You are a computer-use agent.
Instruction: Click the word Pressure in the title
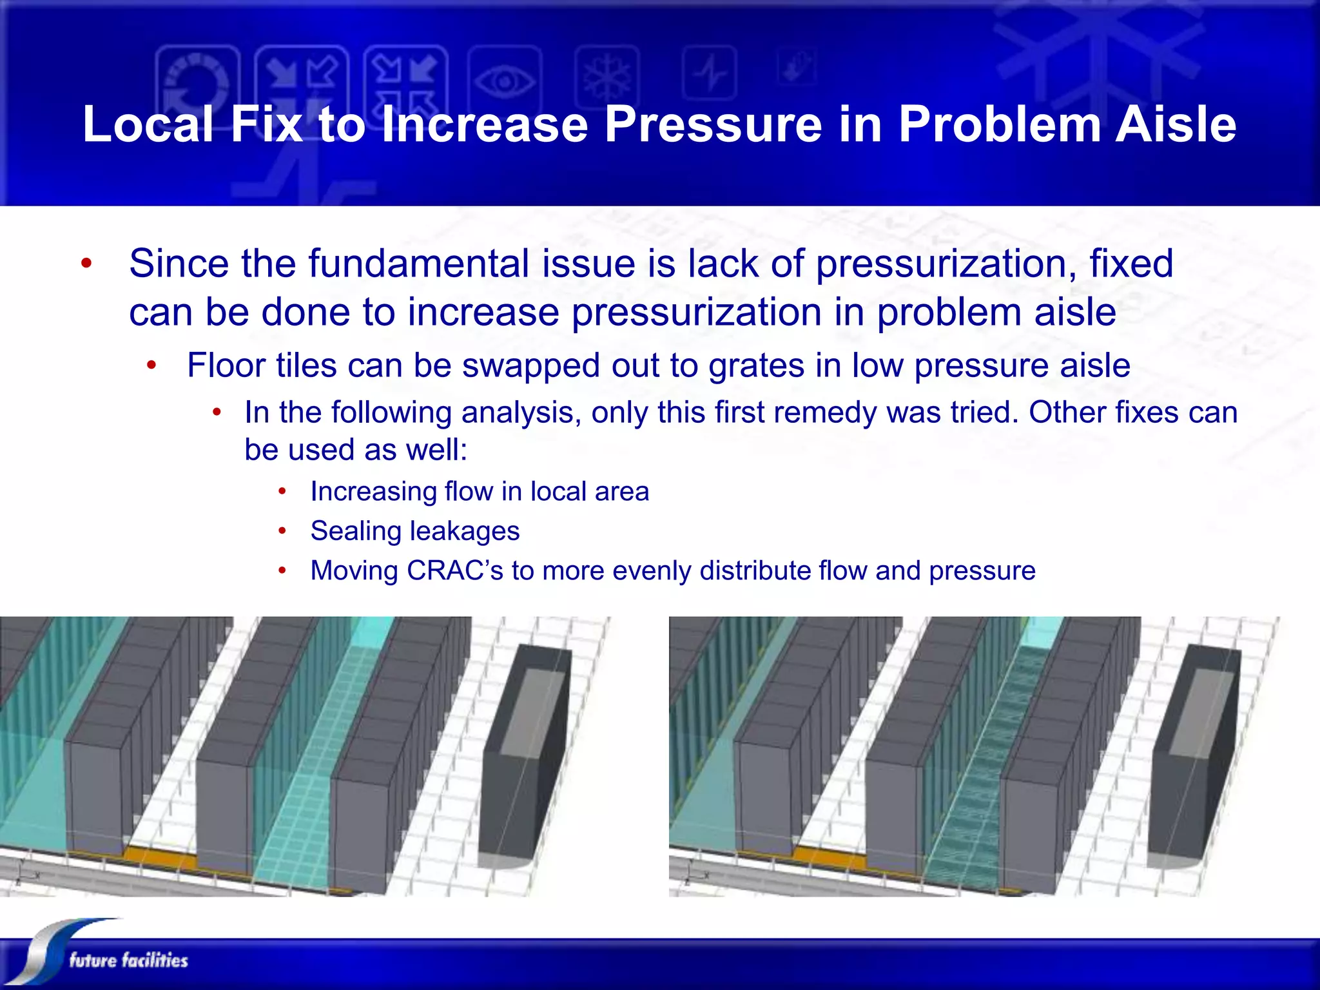click(x=713, y=124)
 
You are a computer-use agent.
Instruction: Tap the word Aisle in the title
click(x=1176, y=124)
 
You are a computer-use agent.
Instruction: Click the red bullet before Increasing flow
click(x=282, y=492)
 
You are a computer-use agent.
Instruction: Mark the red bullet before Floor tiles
click(x=151, y=365)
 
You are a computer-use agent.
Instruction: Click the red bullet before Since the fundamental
click(x=86, y=264)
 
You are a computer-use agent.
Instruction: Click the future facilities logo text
click(x=128, y=960)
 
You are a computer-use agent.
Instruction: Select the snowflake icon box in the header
click(x=607, y=77)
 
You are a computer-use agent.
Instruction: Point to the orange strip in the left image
click(x=161, y=858)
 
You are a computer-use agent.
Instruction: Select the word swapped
click(x=530, y=365)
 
